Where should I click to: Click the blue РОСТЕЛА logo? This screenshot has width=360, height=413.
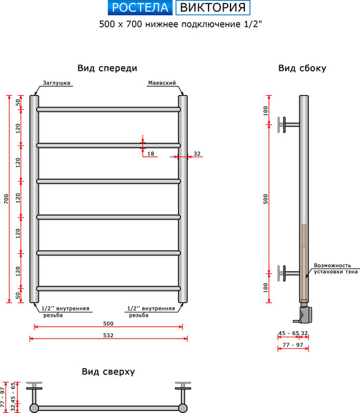click(x=140, y=8)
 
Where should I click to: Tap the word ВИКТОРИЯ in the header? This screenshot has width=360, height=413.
click(x=213, y=8)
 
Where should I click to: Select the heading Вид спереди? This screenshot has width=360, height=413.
click(x=107, y=68)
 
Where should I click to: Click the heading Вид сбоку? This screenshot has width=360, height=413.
click(x=302, y=68)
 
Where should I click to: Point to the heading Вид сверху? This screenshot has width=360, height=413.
click(x=108, y=372)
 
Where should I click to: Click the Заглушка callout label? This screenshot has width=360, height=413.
click(x=56, y=83)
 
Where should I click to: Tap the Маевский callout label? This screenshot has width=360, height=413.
click(x=162, y=83)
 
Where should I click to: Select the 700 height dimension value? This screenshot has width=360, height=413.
click(x=6, y=199)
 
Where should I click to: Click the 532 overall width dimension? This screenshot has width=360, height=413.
click(x=108, y=335)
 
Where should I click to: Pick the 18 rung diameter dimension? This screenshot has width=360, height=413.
click(x=151, y=153)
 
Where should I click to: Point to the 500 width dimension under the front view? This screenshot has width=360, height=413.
click(x=108, y=324)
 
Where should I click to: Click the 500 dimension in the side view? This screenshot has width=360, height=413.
click(x=266, y=199)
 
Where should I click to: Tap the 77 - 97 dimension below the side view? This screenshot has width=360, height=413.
click(x=293, y=345)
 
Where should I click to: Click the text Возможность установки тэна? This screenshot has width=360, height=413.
click(x=336, y=268)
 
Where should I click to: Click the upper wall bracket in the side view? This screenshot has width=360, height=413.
click(x=288, y=125)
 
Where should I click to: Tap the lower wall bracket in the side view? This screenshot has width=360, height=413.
click(x=288, y=273)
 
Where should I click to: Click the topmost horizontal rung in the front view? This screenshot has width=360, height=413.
click(x=109, y=109)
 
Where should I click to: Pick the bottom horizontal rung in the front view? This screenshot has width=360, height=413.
click(x=109, y=288)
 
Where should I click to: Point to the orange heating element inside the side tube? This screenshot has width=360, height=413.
click(x=304, y=262)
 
